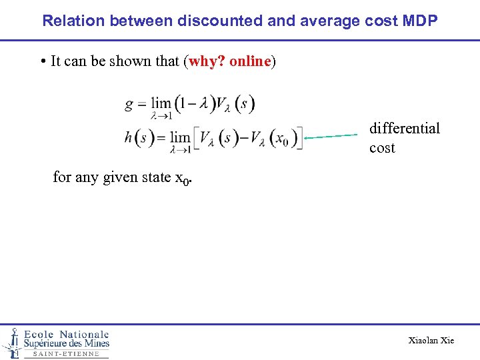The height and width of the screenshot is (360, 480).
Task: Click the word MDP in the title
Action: pos(421,20)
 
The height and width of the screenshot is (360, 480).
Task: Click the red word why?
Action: pos(207,62)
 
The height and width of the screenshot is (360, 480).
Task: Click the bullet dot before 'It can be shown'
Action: pos(42,62)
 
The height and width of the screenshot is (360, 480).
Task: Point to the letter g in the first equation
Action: pos(130,105)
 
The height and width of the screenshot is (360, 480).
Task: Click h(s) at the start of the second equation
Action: pos(139,139)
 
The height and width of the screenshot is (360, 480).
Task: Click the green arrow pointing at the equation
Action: pos(330,136)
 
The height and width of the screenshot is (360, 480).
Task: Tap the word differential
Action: pos(405,128)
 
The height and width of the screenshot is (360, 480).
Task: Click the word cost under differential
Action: pos(382,148)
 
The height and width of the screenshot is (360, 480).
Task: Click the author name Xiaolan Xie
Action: pos(431,341)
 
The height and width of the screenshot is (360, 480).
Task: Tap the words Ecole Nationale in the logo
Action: pos(67,334)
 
